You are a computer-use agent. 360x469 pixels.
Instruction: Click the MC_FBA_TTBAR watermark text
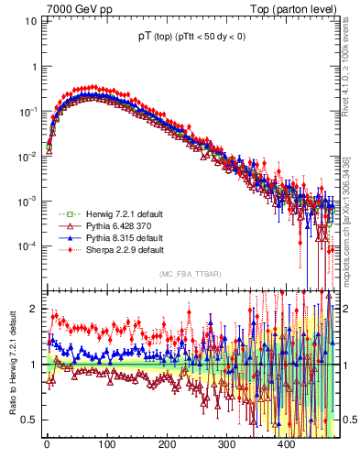(190, 275)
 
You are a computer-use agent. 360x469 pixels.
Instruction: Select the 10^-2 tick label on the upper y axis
(26, 157)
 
